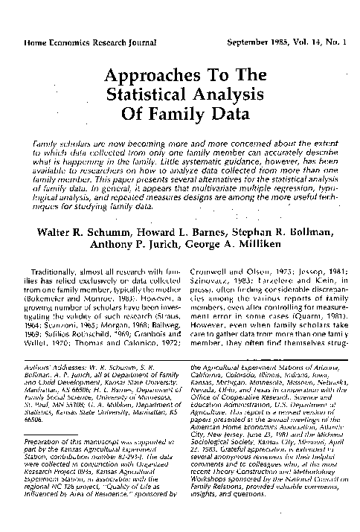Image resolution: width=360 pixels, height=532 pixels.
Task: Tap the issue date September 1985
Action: coord(257,42)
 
